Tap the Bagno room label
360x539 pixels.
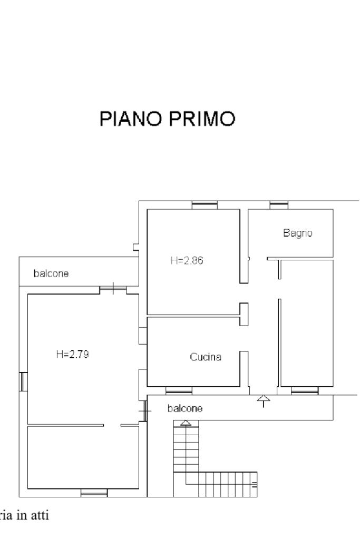coord(298,233)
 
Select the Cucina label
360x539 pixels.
coord(206,357)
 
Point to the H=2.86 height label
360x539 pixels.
coord(187,260)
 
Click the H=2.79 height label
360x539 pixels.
coord(72,354)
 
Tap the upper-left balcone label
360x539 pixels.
coord(51,273)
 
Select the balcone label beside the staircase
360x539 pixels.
coord(184,408)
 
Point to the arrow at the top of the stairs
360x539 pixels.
coord(185,423)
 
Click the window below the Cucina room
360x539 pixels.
coord(179,390)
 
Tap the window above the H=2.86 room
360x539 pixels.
coord(205,205)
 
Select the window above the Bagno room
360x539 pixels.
coord(278,205)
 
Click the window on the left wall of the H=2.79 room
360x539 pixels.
coord(23,381)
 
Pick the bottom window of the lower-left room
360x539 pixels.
coord(94,493)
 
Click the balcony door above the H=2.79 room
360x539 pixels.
coord(113,289)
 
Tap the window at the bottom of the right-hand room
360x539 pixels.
coord(305,390)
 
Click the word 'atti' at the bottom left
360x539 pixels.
coord(40,516)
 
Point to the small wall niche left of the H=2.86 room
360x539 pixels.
coord(136,246)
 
